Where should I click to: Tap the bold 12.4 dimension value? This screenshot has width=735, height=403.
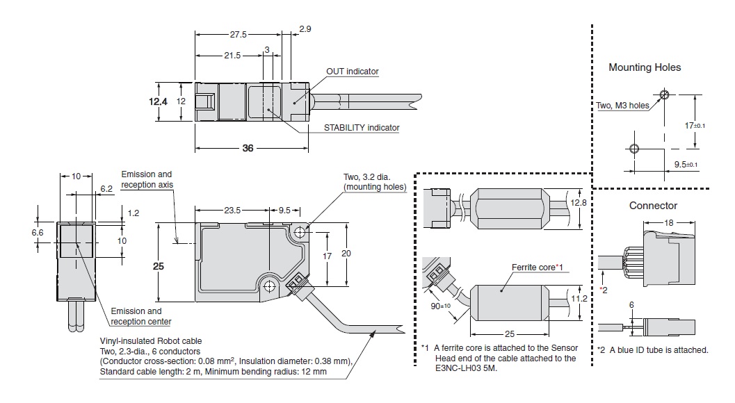click(158, 101)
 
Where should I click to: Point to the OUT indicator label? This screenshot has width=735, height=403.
click(353, 71)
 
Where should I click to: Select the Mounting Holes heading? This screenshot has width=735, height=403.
click(645, 67)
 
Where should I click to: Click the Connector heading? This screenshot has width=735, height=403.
click(653, 206)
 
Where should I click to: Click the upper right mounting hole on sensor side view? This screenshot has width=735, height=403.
click(300, 232)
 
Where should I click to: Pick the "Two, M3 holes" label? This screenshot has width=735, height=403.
click(622, 106)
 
